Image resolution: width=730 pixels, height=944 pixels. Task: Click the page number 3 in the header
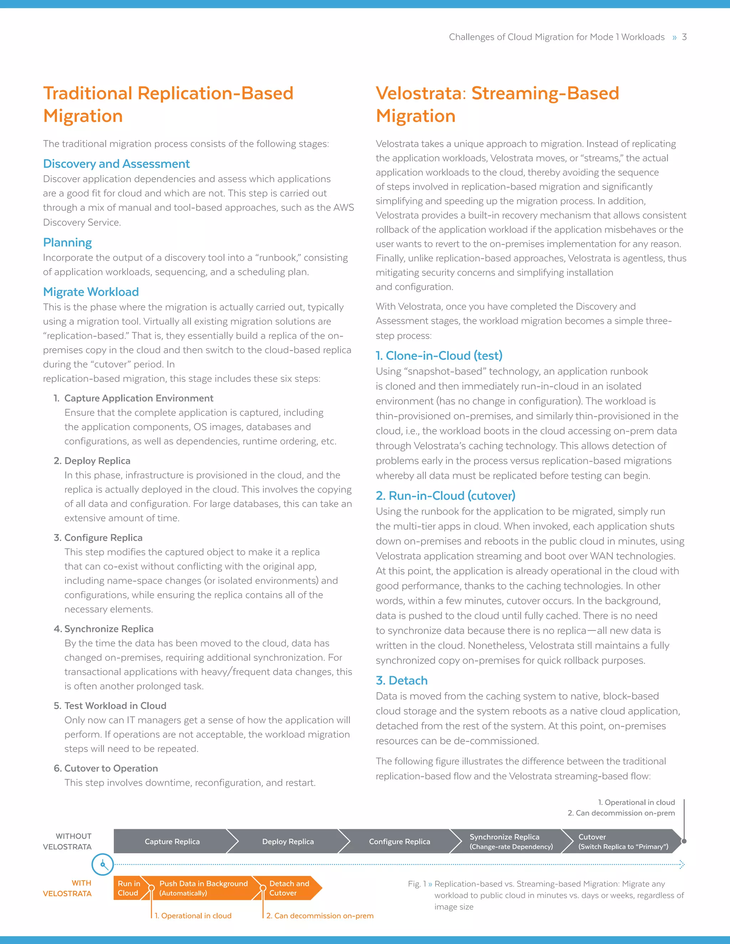[x=684, y=37]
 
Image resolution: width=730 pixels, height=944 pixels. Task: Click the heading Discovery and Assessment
[x=116, y=164]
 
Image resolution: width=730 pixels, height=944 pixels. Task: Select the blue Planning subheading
[x=67, y=243]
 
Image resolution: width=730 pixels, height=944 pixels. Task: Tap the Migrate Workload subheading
[x=91, y=292]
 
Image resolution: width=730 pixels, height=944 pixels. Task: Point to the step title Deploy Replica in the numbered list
[x=97, y=461]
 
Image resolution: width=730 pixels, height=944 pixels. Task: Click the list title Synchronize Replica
[x=109, y=629]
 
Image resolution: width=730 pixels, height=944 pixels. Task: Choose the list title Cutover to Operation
[x=111, y=768]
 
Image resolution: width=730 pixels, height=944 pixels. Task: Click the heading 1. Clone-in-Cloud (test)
[x=439, y=356]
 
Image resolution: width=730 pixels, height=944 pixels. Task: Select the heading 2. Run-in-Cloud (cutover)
[x=446, y=496]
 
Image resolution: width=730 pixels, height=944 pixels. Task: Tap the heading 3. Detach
[x=402, y=680]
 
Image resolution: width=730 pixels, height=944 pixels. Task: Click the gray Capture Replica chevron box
[x=172, y=841]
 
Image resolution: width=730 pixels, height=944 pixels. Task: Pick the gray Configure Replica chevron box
[x=399, y=841]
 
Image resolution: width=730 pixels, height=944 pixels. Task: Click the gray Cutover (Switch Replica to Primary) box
[x=623, y=841]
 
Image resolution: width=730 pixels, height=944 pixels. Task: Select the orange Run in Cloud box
[x=128, y=888]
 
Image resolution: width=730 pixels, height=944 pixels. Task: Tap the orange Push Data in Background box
[x=203, y=888]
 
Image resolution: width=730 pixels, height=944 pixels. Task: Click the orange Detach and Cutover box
[x=289, y=888]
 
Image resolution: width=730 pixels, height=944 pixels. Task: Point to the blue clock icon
[x=103, y=865]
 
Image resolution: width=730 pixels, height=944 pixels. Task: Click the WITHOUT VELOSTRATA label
[x=67, y=841]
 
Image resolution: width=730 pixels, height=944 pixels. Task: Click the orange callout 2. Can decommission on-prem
[x=320, y=916]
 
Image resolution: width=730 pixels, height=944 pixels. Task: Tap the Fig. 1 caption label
[x=417, y=884]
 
